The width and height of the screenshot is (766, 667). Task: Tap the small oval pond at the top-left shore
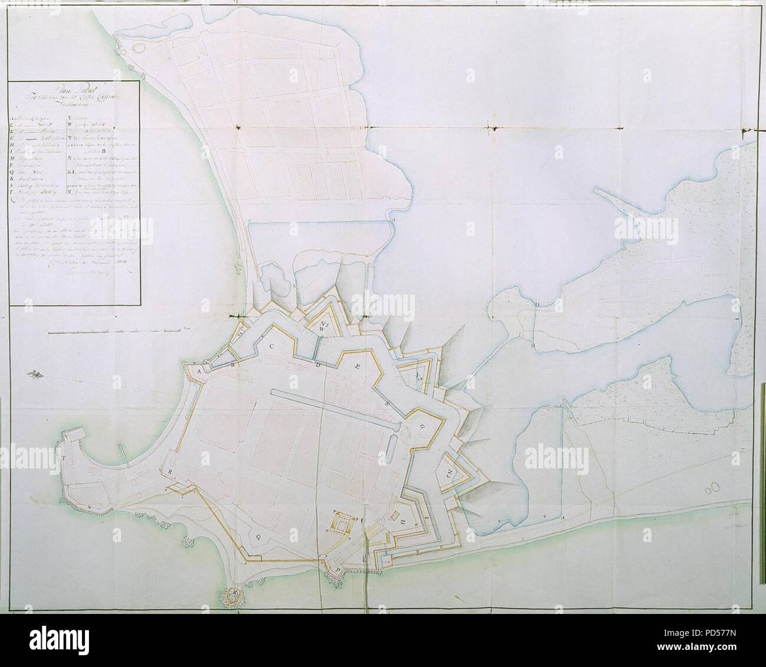(141, 47)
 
